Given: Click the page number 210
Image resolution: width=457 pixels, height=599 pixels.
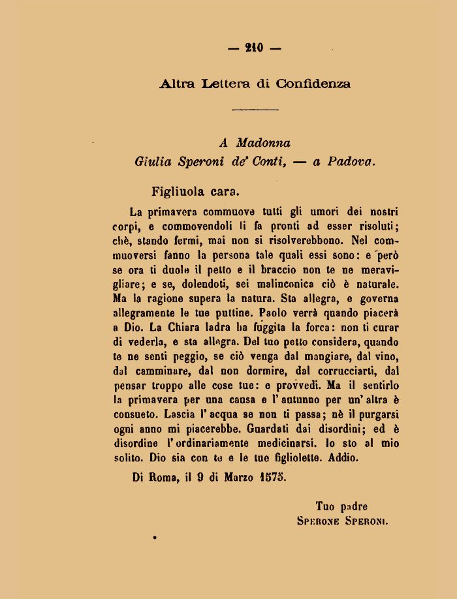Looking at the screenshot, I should click(x=255, y=48).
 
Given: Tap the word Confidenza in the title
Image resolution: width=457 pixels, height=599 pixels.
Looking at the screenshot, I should click(x=313, y=84).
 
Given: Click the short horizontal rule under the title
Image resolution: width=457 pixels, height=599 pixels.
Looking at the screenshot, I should click(x=255, y=110).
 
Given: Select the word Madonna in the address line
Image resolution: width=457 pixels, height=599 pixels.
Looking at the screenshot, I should click(x=263, y=143).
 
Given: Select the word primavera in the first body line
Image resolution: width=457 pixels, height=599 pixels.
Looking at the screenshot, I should click(x=172, y=212).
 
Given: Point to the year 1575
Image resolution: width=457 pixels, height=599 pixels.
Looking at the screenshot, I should click(x=271, y=478).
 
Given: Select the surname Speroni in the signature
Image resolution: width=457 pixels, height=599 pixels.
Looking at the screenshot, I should click(x=366, y=521).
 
